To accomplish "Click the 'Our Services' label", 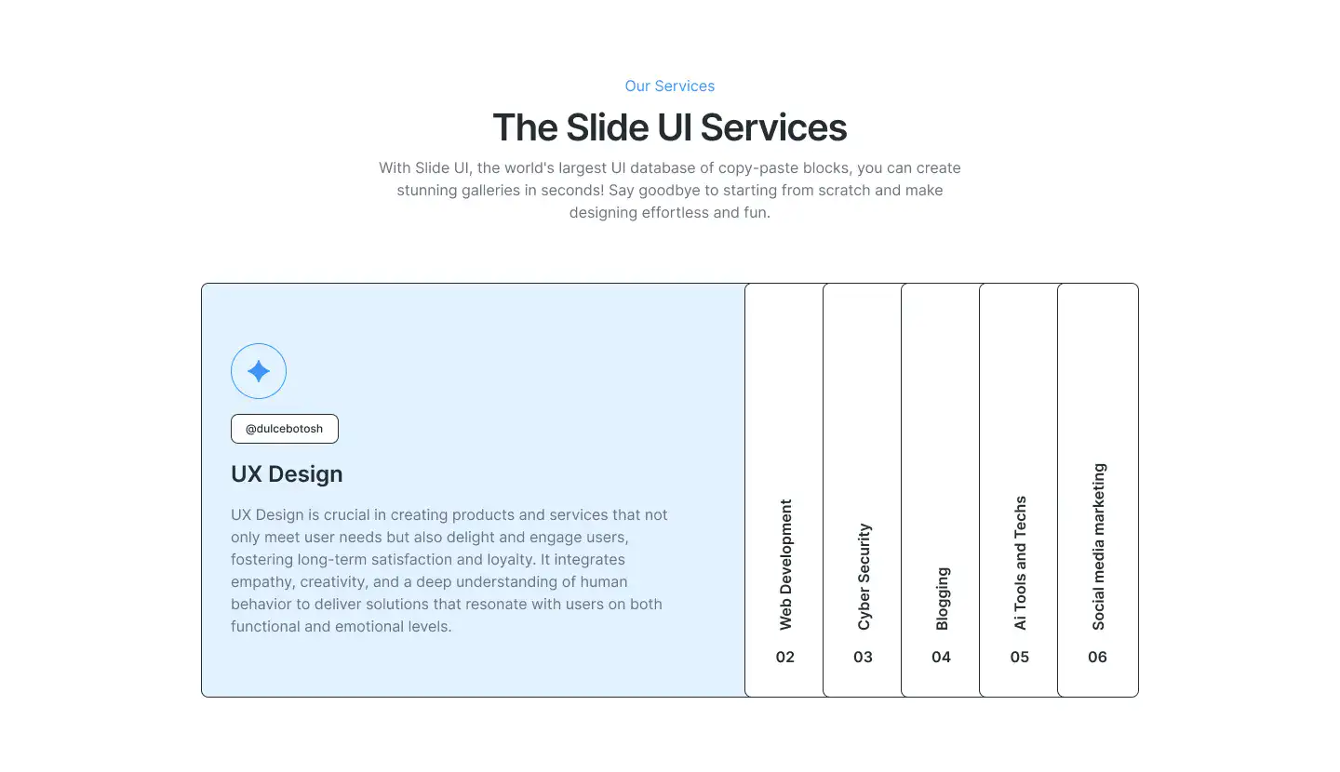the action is click(x=670, y=87).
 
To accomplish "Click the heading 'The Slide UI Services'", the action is click(x=670, y=127).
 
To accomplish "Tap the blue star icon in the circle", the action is click(x=259, y=371).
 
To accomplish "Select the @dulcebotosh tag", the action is click(x=285, y=429).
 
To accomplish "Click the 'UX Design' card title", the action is click(x=287, y=473).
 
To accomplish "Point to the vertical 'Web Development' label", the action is click(x=785, y=565).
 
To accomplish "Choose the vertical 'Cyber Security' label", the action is click(x=864, y=577).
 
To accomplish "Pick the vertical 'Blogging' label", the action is click(x=942, y=598).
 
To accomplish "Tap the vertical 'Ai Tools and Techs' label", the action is click(x=1020, y=563).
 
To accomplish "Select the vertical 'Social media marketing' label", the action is click(x=1098, y=547).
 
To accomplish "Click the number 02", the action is click(x=785, y=658).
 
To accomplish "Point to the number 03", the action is click(x=864, y=658).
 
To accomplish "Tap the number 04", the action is click(x=942, y=658).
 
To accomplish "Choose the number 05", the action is click(x=1020, y=658).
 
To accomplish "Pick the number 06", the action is click(x=1098, y=658).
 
